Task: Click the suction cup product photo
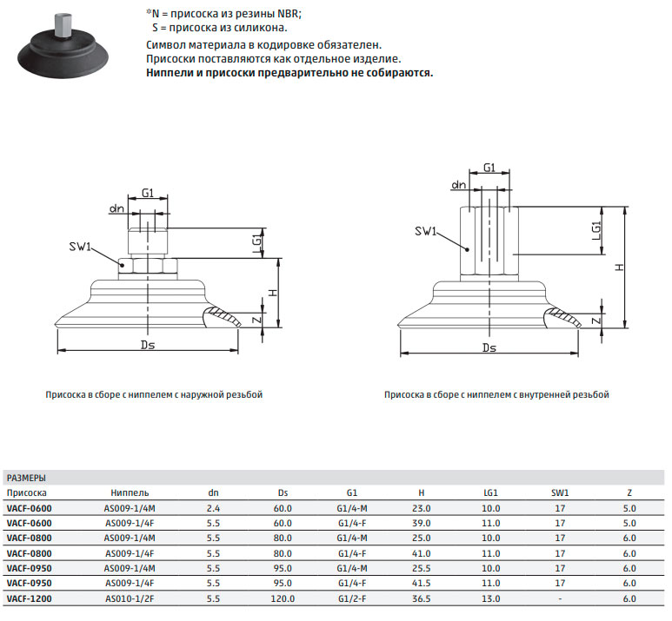[63, 50]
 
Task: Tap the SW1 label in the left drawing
[80, 248]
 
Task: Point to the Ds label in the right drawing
[489, 347]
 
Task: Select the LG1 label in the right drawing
[597, 231]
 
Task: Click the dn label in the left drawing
[116, 208]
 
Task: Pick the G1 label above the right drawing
[489, 168]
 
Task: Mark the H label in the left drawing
[273, 294]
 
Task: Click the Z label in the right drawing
[596, 320]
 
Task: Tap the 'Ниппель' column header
[130, 493]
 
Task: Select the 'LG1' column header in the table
[490, 493]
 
